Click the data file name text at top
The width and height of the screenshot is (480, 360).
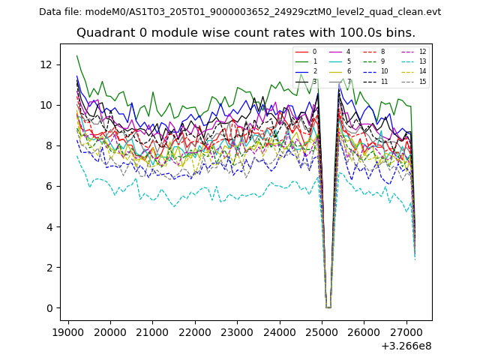(x=240, y=12)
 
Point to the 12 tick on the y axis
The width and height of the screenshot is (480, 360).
(x=47, y=64)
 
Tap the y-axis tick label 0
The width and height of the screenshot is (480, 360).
(x=50, y=308)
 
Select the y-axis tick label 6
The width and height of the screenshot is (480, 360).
(x=50, y=186)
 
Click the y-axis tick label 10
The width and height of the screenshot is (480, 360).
(x=47, y=105)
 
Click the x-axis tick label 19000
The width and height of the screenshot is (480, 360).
(x=69, y=331)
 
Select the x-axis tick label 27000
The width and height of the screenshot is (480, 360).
(x=407, y=331)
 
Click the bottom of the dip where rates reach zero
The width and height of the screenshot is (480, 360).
(x=328, y=307)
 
